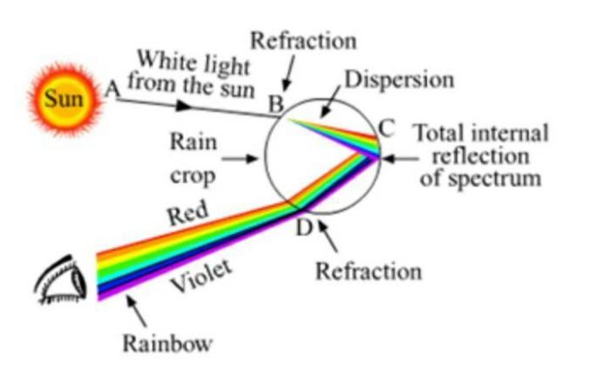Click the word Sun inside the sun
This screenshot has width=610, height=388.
(64, 98)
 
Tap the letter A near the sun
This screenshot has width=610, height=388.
(112, 90)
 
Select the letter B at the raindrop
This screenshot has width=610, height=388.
(276, 104)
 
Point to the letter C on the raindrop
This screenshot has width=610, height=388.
(387, 128)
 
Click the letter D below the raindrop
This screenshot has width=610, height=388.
(303, 228)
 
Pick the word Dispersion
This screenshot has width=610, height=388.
(399, 79)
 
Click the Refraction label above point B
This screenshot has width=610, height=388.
(303, 41)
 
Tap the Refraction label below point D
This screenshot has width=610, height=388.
(369, 271)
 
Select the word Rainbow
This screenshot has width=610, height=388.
(167, 344)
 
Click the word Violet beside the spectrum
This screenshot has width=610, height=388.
(202, 276)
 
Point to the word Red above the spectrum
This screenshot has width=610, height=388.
(188, 213)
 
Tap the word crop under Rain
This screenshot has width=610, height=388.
(193, 176)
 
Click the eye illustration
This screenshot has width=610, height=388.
(61, 279)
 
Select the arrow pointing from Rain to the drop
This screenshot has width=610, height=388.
(240, 159)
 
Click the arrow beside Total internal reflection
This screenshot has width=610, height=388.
(401, 159)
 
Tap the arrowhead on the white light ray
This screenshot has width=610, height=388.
(184, 106)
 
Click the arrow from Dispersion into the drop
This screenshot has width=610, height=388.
(330, 101)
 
